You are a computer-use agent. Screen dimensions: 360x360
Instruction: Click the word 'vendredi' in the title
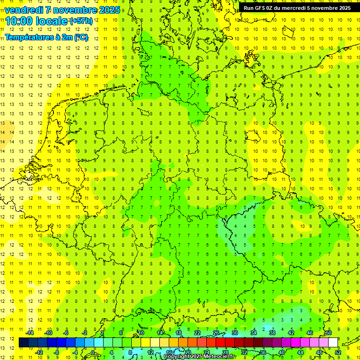(23, 10)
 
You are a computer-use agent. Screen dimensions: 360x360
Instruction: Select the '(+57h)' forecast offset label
(81, 21)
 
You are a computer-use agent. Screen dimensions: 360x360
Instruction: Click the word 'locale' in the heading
(52, 21)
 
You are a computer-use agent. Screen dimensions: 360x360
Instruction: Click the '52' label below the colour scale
(338, 352)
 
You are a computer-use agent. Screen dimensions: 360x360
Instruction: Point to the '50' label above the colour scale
(329, 333)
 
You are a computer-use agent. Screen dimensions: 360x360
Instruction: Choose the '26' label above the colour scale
(216, 333)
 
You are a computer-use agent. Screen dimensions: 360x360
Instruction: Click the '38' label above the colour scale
(272, 333)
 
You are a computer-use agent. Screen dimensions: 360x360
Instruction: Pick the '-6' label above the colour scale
(67, 333)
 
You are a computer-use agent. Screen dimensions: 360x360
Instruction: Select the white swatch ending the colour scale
(333, 343)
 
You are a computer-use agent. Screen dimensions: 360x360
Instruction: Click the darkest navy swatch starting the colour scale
(24, 343)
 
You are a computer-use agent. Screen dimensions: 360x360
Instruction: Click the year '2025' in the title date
(106, 10)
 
